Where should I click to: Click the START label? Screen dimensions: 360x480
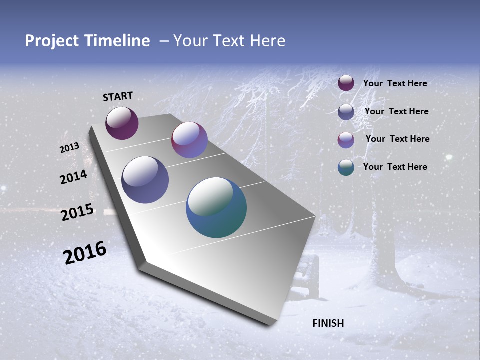(x=118, y=96)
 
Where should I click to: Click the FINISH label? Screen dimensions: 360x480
(x=328, y=323)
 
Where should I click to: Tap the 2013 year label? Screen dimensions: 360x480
(x=70, y=148)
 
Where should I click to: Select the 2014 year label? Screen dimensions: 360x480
(x=73, y=177)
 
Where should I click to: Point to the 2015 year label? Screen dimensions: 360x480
(x=77, y=212)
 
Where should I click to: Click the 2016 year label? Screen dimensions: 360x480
(x=85, y=252)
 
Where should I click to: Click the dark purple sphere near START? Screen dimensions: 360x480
(x=122, y=123)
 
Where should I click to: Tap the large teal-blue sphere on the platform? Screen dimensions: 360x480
(x=216, y=207)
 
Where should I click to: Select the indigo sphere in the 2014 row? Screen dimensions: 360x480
(x=145, y=179)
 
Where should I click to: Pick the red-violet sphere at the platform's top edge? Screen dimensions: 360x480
(x=189, y=140)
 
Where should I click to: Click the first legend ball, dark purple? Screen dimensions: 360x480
(x=346, y=83)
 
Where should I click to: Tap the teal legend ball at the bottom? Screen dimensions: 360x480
(x=346, y=167)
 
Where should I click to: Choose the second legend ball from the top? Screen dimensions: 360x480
(x=346, y=111)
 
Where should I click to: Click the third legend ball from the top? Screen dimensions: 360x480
(x=346, y=140)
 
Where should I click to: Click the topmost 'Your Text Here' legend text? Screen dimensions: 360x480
(x=395, y=83)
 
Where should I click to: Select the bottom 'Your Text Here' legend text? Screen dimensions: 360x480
(x=395, y=167)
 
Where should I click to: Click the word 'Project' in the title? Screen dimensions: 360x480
(x=52, y=41)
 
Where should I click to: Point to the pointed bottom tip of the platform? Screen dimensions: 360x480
(x=270, y=324)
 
